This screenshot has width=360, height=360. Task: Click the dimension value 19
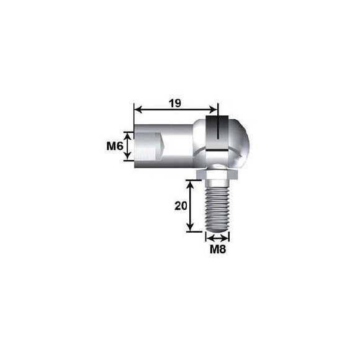[175, 103]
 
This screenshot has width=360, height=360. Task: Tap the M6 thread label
[115, 146]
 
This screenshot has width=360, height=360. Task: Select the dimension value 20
[181, 206]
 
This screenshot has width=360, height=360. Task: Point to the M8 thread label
[218, 250]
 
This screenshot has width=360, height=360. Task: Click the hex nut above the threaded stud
[217, 174]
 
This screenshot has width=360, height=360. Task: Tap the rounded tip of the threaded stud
[217, 228]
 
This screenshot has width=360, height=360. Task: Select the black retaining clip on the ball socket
[217, 133]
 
